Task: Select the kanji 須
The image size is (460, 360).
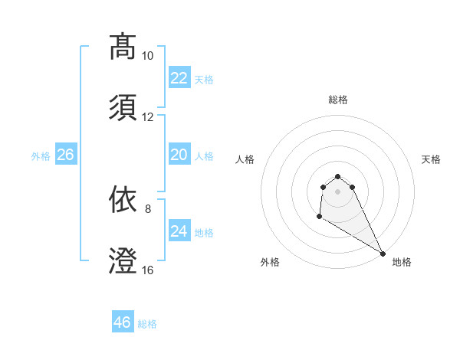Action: (123, 106)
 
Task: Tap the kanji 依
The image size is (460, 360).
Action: (123, 199)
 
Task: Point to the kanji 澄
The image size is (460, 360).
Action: (123, 260)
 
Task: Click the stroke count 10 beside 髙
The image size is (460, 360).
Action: (147, 56)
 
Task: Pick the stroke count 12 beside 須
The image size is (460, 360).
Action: (147, 117)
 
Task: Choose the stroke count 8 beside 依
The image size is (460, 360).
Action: (148, 208)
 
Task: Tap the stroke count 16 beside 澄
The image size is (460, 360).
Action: (147, 270)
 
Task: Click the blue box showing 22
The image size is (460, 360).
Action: (179, 78)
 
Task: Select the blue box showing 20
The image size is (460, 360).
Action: (179, 155)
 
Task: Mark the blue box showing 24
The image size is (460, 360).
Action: (179, 231)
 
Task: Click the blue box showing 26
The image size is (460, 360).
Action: (66, 155)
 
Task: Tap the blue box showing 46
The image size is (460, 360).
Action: (123, 322)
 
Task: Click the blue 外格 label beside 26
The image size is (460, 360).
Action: (41, 155)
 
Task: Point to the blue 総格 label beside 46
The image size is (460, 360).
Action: (147, 324)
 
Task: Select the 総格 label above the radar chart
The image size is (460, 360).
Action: (338, 100)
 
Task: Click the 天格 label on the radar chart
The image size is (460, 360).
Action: (431, 159)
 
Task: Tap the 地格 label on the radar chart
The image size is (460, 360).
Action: (402, 262)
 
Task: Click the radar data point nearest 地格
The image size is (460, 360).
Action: (383, 253)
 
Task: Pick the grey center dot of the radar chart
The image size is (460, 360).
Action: (338, 191)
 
